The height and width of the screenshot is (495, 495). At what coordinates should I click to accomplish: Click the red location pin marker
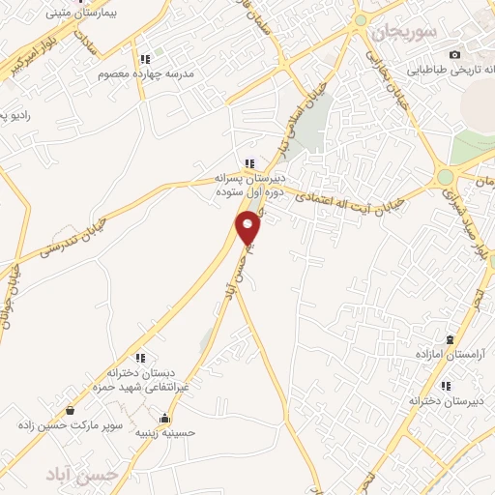coord(249,228)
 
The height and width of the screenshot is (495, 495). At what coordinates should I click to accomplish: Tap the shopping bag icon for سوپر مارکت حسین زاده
coord(70,410)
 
